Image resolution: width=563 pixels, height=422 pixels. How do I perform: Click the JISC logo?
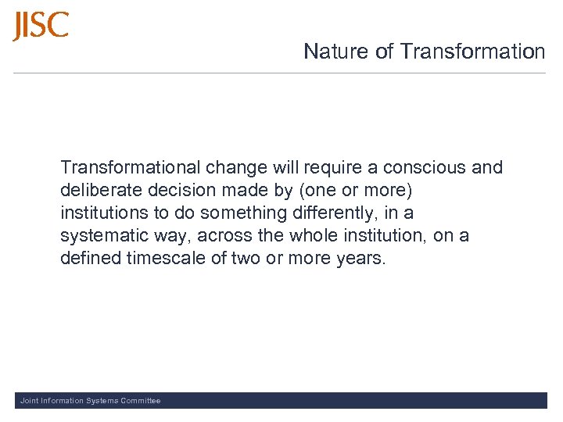coord(41,26)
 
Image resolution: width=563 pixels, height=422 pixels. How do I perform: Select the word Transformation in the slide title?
coord(472,52)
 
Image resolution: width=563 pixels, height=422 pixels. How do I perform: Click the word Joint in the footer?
coord(28,401)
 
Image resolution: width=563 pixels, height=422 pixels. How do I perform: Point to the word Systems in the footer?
coord(99,401)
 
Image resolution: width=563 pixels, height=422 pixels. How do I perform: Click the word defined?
coord(90,259)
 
